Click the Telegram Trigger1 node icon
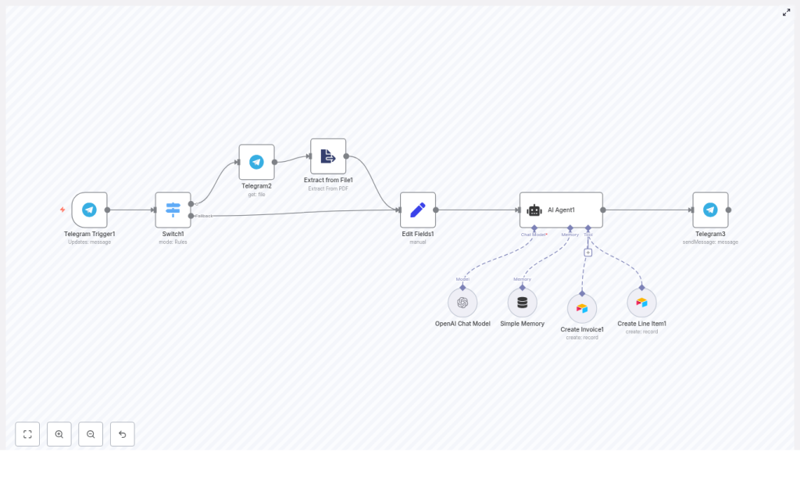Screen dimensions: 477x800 89,210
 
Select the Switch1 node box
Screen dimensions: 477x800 173,210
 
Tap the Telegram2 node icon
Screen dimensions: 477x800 256,162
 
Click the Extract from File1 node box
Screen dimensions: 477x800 328,156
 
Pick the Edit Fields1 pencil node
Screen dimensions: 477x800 418,210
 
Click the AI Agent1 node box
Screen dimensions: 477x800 561,210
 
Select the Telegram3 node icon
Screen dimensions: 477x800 710,210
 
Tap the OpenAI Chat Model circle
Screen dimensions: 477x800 462,303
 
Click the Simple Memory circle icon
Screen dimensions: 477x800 522,303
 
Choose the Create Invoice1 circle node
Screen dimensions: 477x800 582,309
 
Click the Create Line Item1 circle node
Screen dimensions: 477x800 641,303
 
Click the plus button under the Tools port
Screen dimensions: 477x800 588,253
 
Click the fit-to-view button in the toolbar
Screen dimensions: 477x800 27,434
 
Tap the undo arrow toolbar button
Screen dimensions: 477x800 122,434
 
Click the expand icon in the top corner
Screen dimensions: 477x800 786,13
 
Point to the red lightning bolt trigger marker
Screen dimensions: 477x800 62,210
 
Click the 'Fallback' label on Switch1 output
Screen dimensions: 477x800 204,216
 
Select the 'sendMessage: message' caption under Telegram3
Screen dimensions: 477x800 710,242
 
